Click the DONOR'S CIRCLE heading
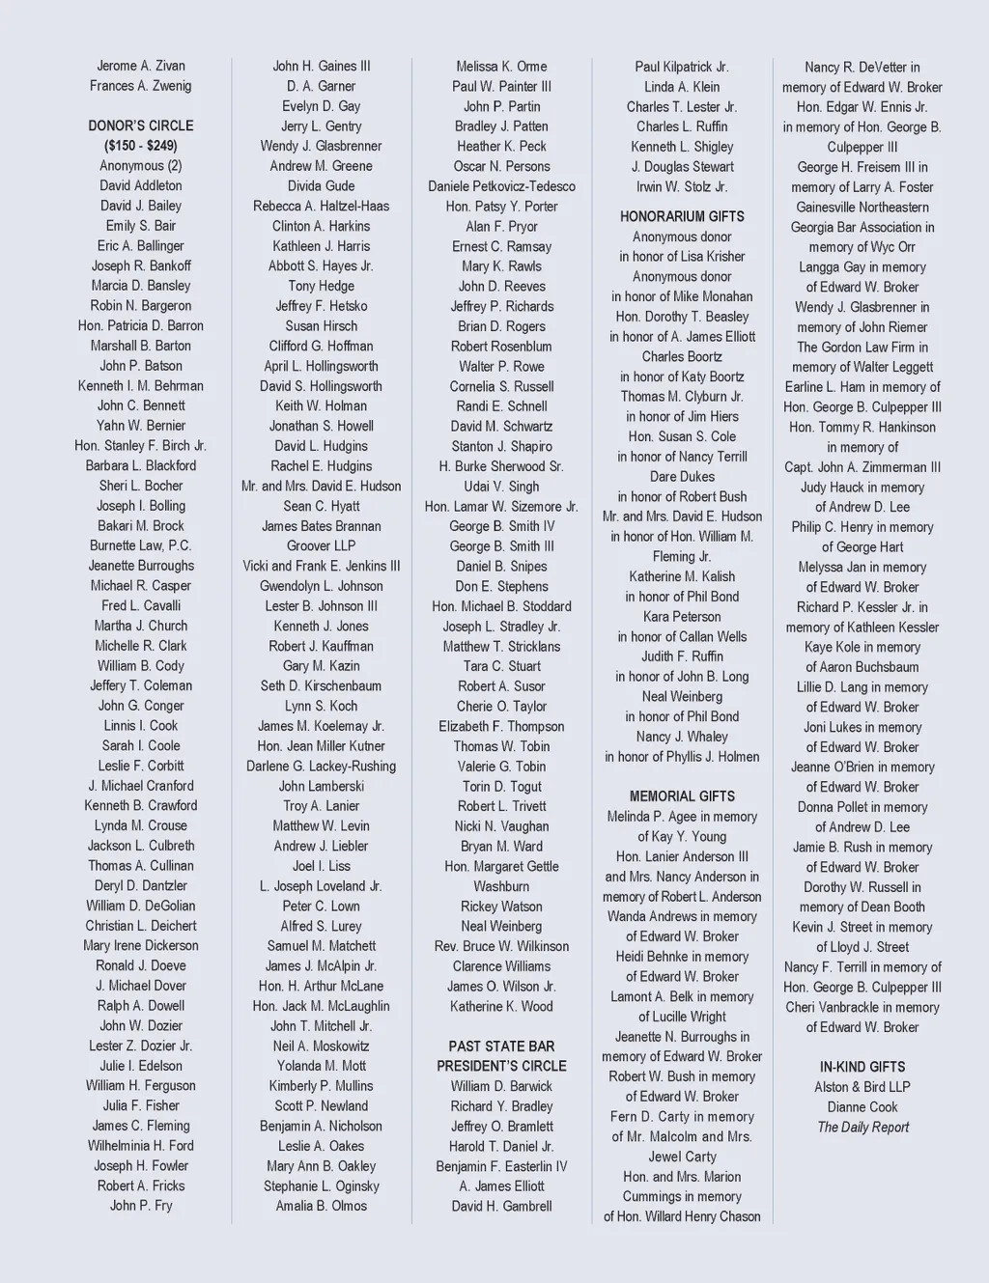point(141,126)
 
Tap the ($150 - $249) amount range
point(141,146)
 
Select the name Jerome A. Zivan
point(141,66)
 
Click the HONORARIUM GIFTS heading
point(682,216)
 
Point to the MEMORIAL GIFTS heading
point(682,796)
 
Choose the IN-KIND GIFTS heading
point(862,1067)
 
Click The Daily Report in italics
point(862,1127)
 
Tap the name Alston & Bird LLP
point(862,1087)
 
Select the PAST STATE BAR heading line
point(501,1046)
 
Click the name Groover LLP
point(322,545)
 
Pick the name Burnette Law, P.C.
point(141,545)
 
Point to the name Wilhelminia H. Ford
point(141,1146)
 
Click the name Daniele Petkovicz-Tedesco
point(501,186)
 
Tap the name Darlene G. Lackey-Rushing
point(322,766)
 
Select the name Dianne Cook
point(862,1107)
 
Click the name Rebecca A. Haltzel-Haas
point(322,206)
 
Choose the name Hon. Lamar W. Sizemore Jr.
point(501,506)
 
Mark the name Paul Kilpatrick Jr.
point(682,67)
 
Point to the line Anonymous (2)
point(141,166)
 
